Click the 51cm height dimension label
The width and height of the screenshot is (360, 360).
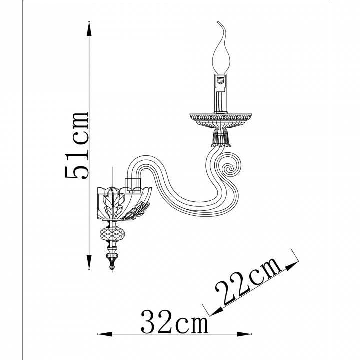click(76, 145)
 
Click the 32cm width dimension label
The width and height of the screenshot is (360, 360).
click(174, 321)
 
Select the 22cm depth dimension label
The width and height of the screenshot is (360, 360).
click(249, 282)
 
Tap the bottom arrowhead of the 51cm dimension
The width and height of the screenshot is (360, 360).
click(89, 262)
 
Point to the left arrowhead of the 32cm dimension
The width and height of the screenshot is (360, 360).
click(105, 334)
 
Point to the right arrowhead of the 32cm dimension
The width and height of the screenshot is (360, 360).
click(244, 334)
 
